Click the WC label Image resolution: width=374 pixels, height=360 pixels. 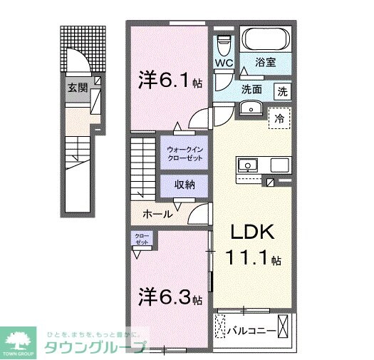click(224, 63)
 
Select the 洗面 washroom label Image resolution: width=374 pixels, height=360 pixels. click(251, 90)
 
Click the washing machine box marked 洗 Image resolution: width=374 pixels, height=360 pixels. click(283, 91)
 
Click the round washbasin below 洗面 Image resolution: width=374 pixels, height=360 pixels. click(249, 108)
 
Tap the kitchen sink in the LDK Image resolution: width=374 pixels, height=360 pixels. click(249, 165)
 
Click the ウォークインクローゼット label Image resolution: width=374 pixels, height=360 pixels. click(185, 153)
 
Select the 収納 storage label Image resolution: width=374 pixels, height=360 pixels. click(185, 185)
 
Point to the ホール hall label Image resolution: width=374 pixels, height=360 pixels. click(157, 214)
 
